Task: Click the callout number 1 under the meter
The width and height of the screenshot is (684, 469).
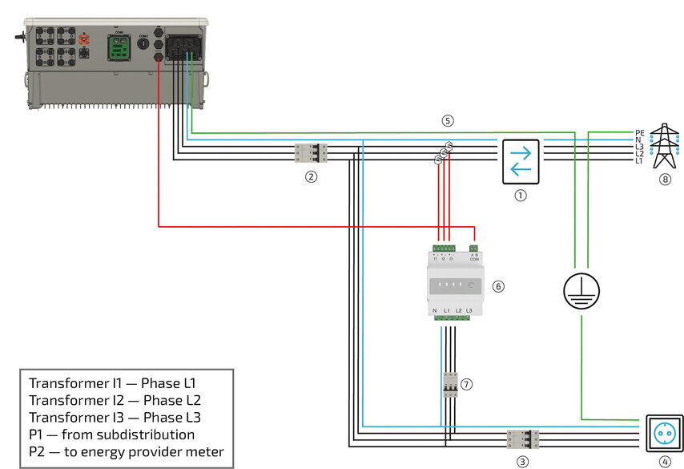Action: point(521,195)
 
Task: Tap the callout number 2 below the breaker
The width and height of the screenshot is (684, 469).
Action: point(312,176)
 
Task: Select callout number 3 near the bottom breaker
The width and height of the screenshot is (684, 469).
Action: point(522,461)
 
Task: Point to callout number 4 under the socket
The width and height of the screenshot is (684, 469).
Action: point(664,461)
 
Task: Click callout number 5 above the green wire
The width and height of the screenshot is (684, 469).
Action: point(448,121)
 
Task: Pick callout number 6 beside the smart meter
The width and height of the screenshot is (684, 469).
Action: point(498,285)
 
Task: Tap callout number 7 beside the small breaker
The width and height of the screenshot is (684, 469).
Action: point(467,384)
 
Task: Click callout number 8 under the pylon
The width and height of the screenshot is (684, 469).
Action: point(664,180)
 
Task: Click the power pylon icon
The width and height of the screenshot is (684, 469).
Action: point(664,144)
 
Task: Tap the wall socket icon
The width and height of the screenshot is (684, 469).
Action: point(664,434)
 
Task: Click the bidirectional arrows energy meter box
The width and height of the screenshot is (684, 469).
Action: point(521,160)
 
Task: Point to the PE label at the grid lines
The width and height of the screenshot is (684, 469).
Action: point(639,132)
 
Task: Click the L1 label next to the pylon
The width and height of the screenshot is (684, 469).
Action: point(639,161)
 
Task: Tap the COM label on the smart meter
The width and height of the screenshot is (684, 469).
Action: point(474,260)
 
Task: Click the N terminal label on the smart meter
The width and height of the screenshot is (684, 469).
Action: point(434,310)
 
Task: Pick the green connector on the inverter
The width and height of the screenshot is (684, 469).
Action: point(122,46)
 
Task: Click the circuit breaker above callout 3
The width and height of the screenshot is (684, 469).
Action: point(522,439)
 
